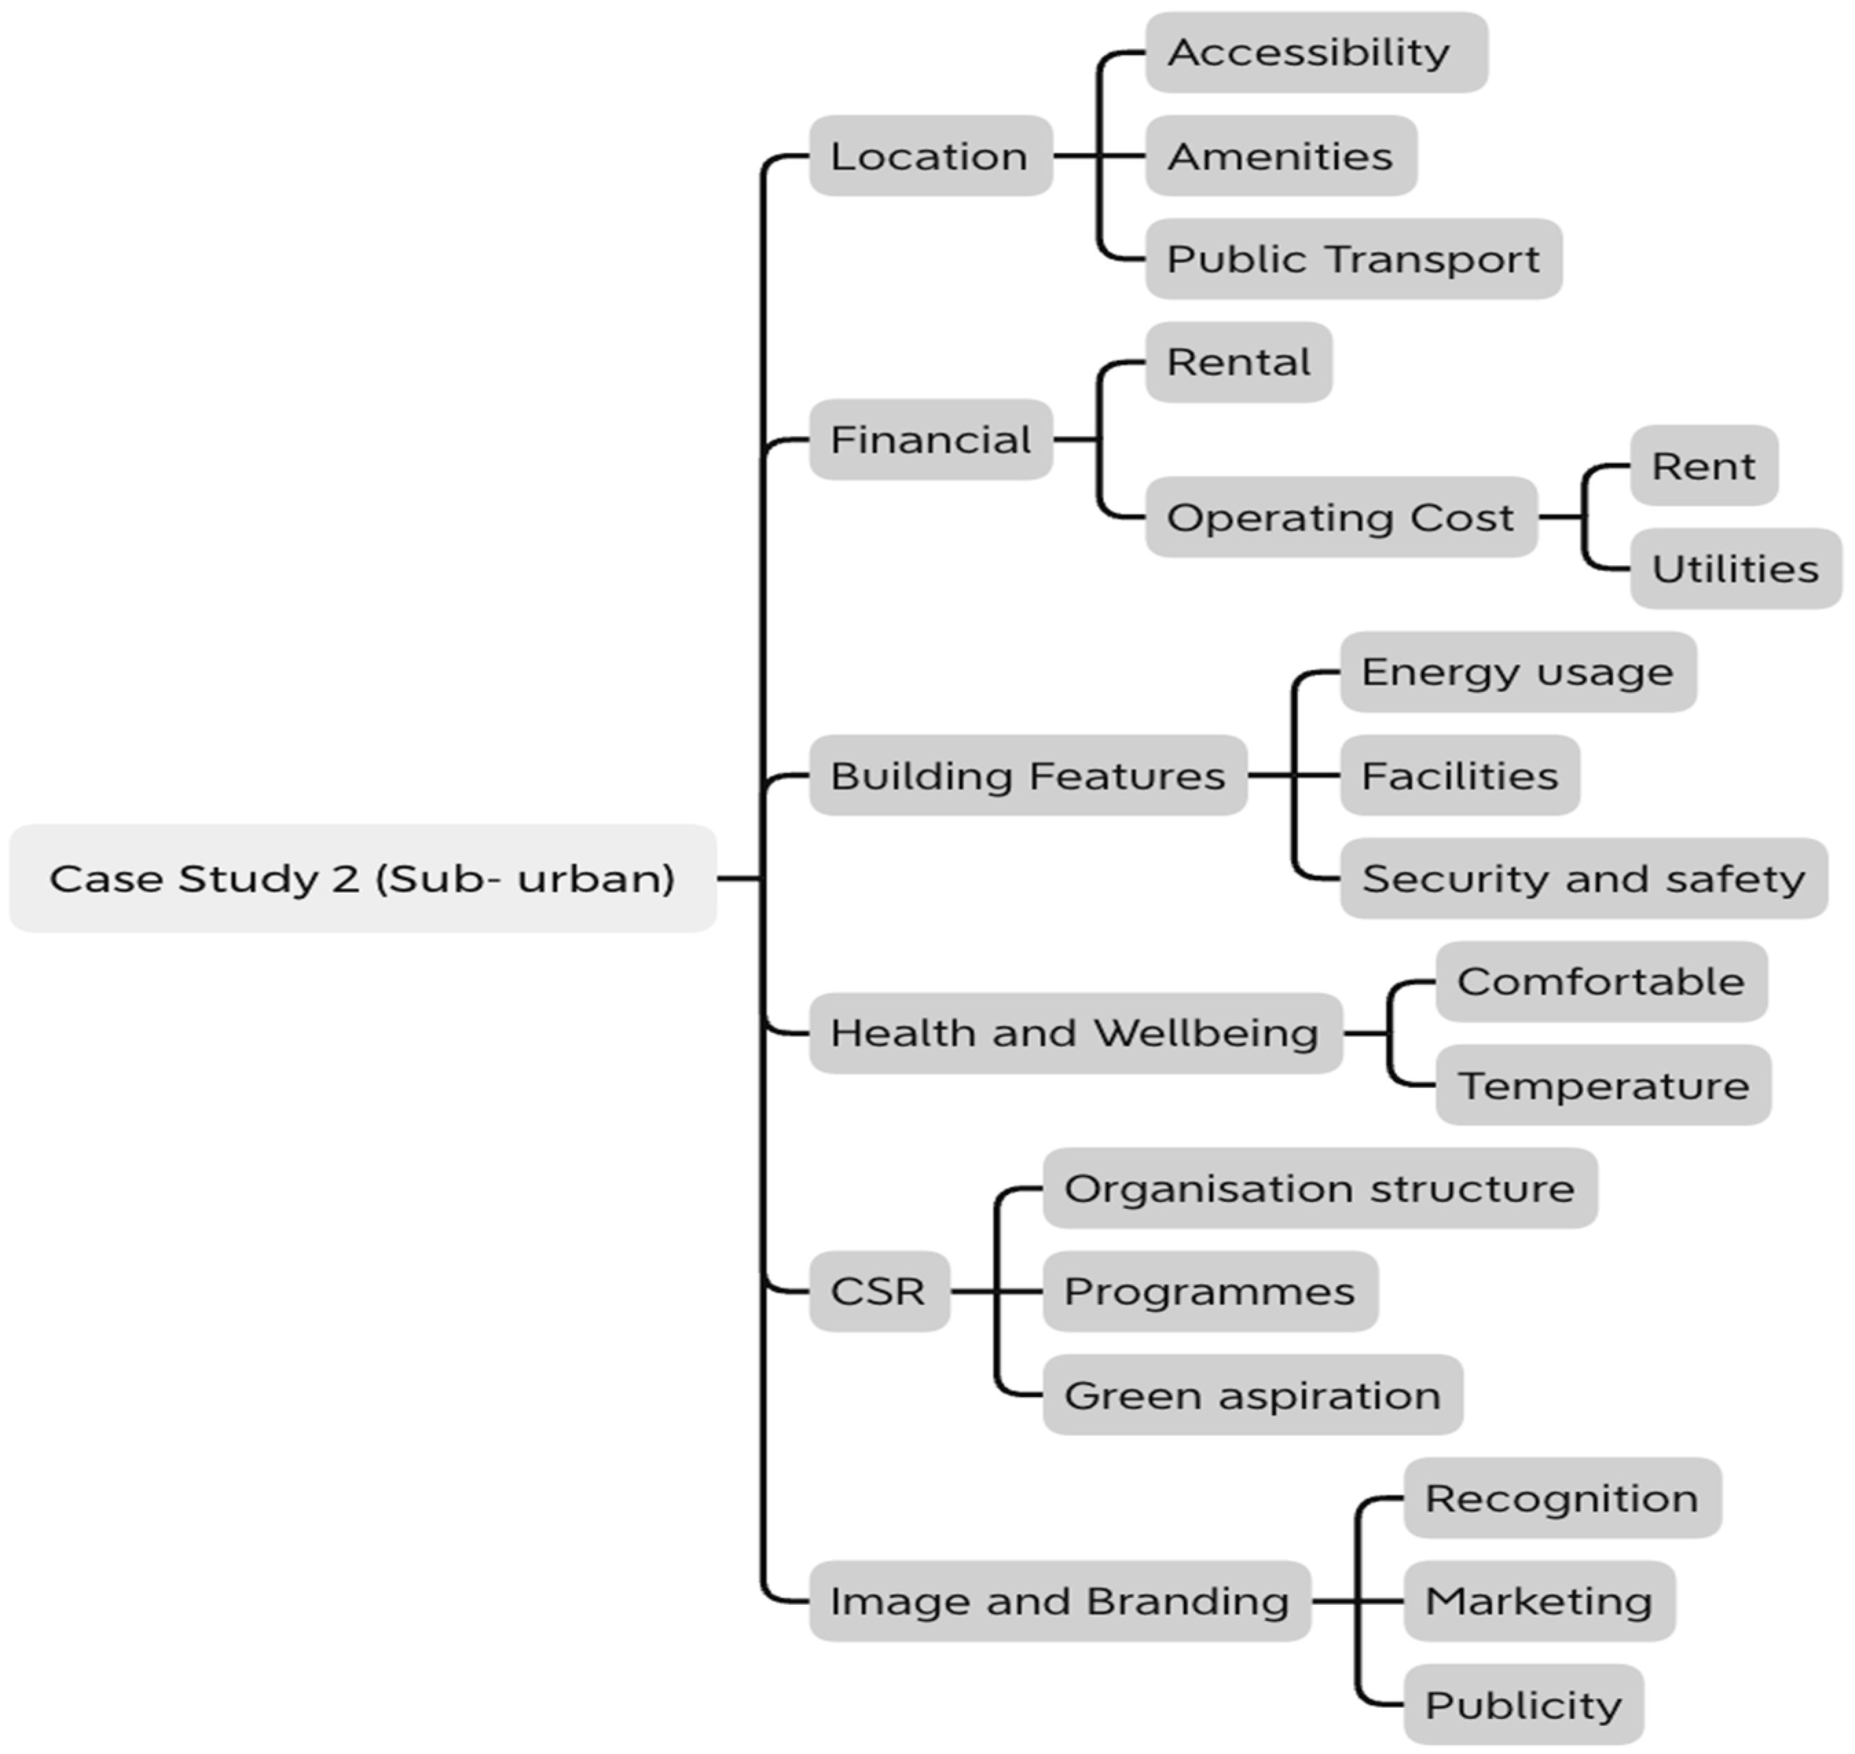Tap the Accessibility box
(x=1315, y=52)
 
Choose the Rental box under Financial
(x=1238, y=363)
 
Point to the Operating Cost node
(x=1341, y=517)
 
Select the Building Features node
(x=1027, y=775)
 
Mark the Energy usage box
(x=1517, y=672)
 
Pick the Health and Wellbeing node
(x=1075, y=1033)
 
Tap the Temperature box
(x=1603, y=1085)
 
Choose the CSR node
(x=879, y=1291)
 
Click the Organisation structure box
(x=1319, y=1188)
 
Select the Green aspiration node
(x=1251, y=1395)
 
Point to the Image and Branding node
(x=1059, y=1601)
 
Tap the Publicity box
(x=1523, y=1705)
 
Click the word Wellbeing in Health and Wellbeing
(x=1206, y=1033)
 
